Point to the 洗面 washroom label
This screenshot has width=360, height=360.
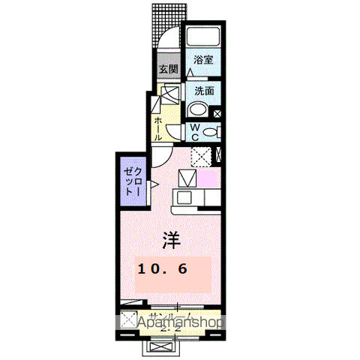[x=204, y=91]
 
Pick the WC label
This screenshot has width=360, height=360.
[x=193, y=133]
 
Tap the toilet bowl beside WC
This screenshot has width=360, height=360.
[x=211, y=133]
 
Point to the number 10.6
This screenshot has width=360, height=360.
[x=161, y=268]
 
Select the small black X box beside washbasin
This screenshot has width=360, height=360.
[x=217, y=114]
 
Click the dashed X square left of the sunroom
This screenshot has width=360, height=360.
[x=127, y=318]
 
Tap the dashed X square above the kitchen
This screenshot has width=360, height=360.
[x=200, y=156]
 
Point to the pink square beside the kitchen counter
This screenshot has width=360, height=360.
[x=208, y=180]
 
